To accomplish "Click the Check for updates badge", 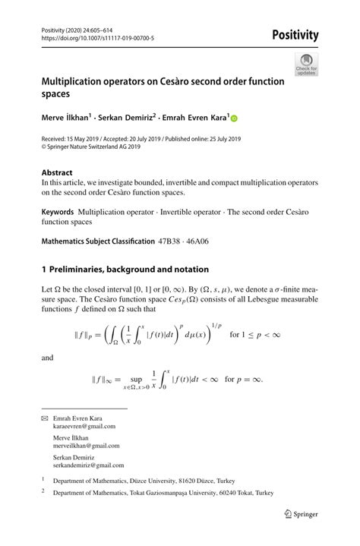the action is pos(307,64).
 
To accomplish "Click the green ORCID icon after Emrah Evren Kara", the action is pos(234,118).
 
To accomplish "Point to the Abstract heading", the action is pos(57,172).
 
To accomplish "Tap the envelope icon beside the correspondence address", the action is pos(44,418).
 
